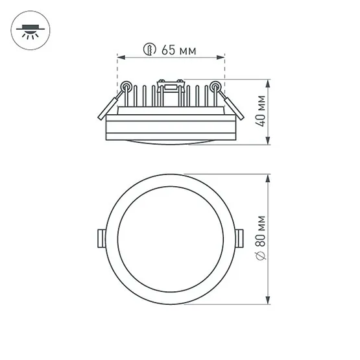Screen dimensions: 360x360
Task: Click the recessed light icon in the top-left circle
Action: tap(30, 30)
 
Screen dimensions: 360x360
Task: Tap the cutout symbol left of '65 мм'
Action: tap(150, 49)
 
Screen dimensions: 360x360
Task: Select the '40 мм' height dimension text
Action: tap(261, 112)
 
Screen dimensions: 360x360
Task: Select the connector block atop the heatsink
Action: tap(170, 84)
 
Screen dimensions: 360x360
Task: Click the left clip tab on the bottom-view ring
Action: tap(101, 237)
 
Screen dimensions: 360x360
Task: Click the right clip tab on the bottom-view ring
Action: tap(241, 237)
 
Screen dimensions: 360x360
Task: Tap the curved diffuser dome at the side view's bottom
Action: tap(171, 141)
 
